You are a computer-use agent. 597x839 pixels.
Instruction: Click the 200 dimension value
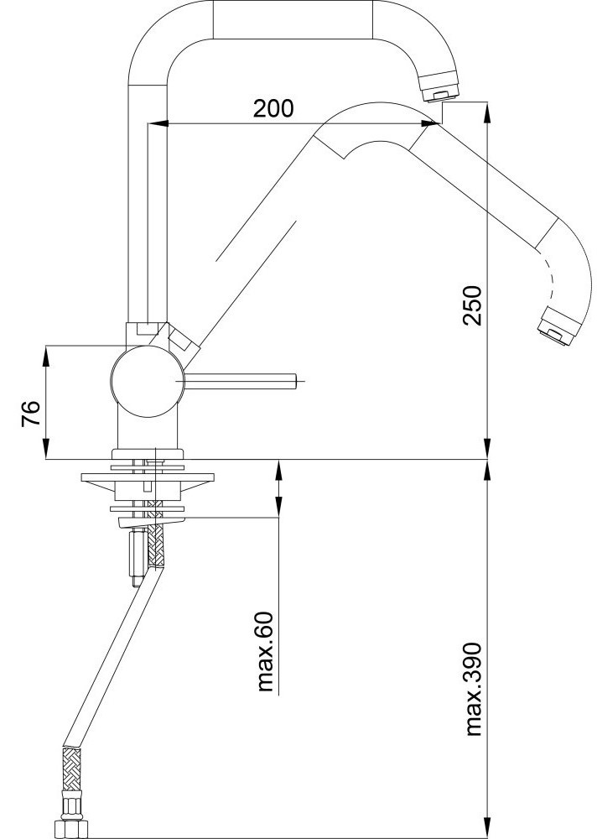tap(273, 108)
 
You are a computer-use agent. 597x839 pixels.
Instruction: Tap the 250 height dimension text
tap(472, 305)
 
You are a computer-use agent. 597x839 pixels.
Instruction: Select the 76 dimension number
tap(31, 413)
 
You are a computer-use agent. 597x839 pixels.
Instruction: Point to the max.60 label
tap(265, 651)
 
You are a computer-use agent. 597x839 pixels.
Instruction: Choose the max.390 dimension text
tap(473, 690)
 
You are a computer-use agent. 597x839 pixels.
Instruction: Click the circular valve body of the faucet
tap(147, 381)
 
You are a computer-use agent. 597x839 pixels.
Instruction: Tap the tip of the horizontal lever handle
tap(295, 381)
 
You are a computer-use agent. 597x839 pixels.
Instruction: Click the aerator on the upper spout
tap(439, 89)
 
